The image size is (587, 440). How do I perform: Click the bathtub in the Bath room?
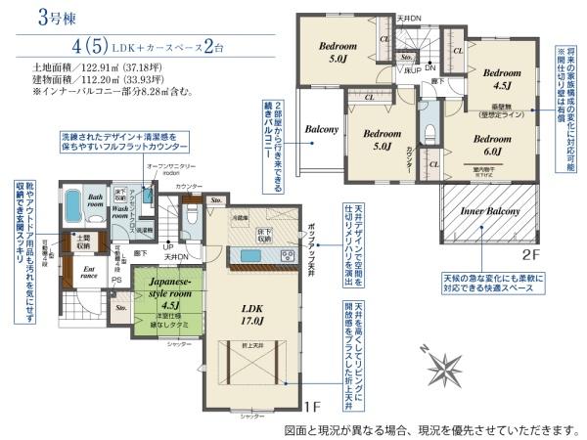click(74, 209)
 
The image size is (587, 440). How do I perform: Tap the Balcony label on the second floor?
click(321, 129)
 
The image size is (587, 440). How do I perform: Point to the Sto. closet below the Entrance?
click(120, 309)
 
